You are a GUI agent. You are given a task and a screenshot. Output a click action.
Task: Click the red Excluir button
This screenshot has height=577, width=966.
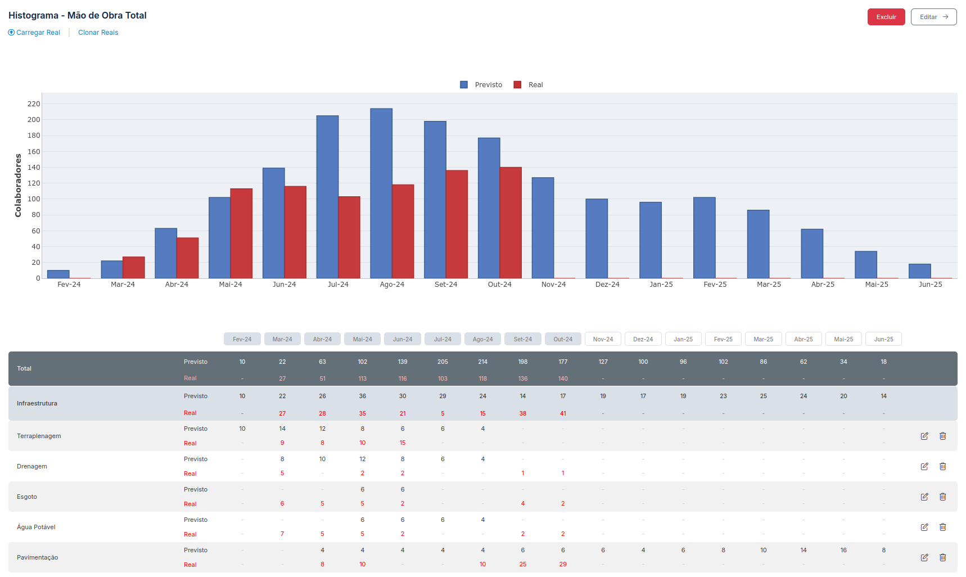coord(886,17)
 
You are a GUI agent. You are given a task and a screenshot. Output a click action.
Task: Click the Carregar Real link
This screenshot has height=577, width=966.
coord(34,33)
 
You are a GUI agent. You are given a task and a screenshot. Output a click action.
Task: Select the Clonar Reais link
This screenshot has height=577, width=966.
coord(98,33)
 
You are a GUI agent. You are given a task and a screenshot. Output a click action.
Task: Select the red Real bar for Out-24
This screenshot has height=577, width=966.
coord(511,222)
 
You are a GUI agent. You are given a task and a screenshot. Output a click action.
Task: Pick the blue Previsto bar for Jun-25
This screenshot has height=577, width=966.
coord(919,271)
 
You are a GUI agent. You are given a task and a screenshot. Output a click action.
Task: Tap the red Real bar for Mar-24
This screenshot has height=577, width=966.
coord(134,268)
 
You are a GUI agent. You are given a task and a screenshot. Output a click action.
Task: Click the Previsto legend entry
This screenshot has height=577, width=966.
coord(481,85)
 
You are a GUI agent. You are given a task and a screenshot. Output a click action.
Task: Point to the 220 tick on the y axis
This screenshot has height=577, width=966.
coord(34,104)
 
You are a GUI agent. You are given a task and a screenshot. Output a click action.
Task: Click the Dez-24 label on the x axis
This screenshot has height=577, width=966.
coord(607,285)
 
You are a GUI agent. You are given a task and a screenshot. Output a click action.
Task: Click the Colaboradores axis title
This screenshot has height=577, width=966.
coord(18,186)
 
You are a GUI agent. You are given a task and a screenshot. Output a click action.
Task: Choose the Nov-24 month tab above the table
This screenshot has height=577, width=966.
coord(603,339)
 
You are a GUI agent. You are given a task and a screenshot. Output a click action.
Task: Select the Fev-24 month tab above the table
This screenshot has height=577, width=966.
coord(242,339)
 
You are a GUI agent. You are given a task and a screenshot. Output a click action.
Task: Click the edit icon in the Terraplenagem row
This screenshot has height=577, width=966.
coord(924,436)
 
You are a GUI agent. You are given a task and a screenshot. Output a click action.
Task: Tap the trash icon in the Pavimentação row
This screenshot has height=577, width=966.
coord(942,557)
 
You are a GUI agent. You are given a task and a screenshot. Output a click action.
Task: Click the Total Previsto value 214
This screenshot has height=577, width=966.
coord(482,362)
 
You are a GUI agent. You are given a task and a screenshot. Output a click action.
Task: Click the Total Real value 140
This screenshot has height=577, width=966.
coord(563,378)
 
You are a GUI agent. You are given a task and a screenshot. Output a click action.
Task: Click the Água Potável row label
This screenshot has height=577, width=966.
coord(36,527)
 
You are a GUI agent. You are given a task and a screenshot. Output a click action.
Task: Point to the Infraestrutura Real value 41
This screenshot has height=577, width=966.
coord(563,413)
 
